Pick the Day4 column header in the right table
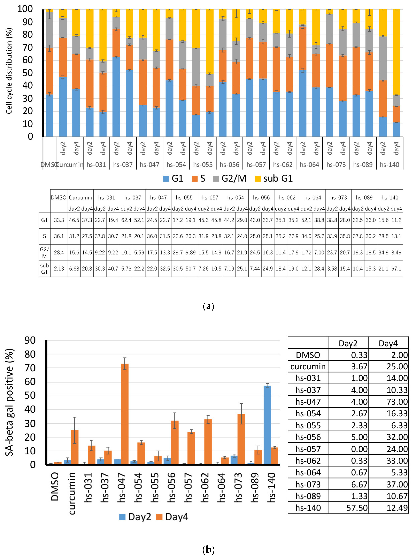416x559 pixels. click(x=388, y=343)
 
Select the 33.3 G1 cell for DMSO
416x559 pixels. click(x=59, y=220)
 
